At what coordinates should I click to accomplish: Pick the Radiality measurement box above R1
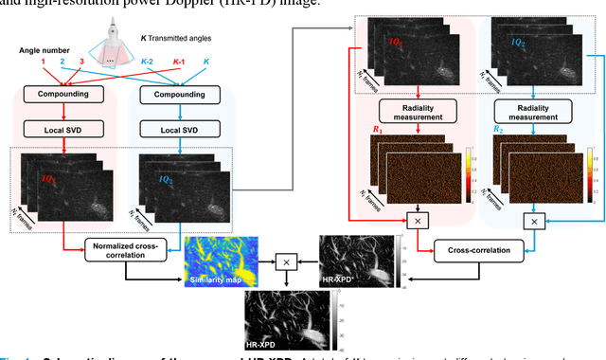click(x=418, y=112)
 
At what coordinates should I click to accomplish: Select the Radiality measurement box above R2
click(x=534, y=112)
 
